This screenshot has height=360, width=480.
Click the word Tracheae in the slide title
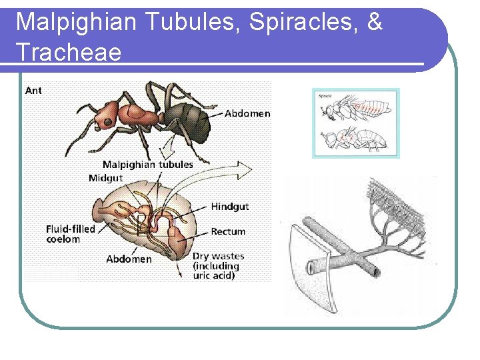point(69,51)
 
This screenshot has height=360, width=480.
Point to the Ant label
point(33,91)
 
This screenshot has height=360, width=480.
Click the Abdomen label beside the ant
point(247,114)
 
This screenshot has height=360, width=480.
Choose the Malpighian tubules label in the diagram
point(147,164)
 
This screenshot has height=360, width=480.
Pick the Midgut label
point(106,178)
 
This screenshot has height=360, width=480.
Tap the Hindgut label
point(229,207)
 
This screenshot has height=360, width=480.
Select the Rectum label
point(228,232)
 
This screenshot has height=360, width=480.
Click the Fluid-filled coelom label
point(70,234)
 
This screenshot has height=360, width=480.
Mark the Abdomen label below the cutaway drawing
point(129,259)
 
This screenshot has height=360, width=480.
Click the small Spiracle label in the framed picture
point(325,96)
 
